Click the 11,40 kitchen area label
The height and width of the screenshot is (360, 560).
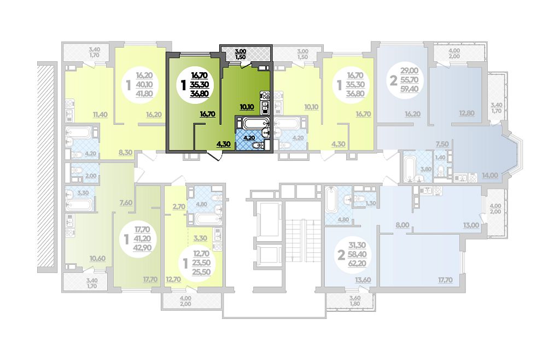[x=100, y=115]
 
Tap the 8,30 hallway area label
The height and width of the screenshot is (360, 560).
[x=125, y=153]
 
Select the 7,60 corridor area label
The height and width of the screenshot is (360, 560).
[x=126, y=203]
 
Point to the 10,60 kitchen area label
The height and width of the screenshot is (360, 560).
[x=97, y=259]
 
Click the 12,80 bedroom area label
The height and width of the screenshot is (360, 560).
[x=467, y=114]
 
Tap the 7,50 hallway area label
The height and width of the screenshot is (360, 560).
[x=442, y=144]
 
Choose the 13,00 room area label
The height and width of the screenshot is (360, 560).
[x=471, y=225]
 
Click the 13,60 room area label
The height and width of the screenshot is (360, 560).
[x=363, y=280]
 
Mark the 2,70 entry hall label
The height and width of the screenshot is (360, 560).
[x=179, y=206]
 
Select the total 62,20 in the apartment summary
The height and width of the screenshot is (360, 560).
[x=353, y=264]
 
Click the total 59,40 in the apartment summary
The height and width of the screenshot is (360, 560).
[x=409, y=89]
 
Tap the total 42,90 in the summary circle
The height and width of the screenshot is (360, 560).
[x=143, y=248]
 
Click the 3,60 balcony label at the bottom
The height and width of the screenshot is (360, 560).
[x=354, y=298]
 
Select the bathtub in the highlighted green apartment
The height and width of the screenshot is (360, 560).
[x=252, y=124]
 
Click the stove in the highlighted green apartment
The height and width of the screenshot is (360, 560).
[x=265, y=95]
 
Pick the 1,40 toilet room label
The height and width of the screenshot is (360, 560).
[x=440, y=158]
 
